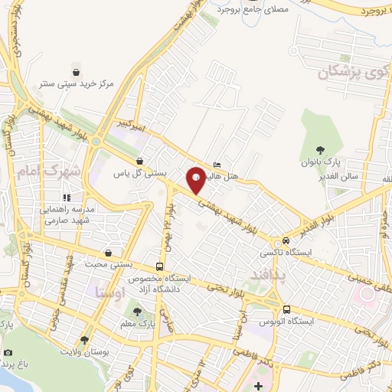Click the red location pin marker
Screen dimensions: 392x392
[x=197, y=179]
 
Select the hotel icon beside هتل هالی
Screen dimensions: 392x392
[x=217, y=165]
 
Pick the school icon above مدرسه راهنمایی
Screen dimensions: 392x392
[x=66, y=198]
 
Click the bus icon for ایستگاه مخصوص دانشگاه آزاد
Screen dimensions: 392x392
[x=158, y=266]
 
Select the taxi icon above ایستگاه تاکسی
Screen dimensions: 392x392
[x=286, y=240]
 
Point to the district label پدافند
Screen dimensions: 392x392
[x=267, y=273]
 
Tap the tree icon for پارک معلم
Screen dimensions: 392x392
[x=137, y=311]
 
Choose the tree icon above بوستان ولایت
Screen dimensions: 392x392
[x=83, y=339]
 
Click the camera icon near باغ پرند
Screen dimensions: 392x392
[x=8, y=352]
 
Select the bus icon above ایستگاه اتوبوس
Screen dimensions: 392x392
[x=286, y=309]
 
